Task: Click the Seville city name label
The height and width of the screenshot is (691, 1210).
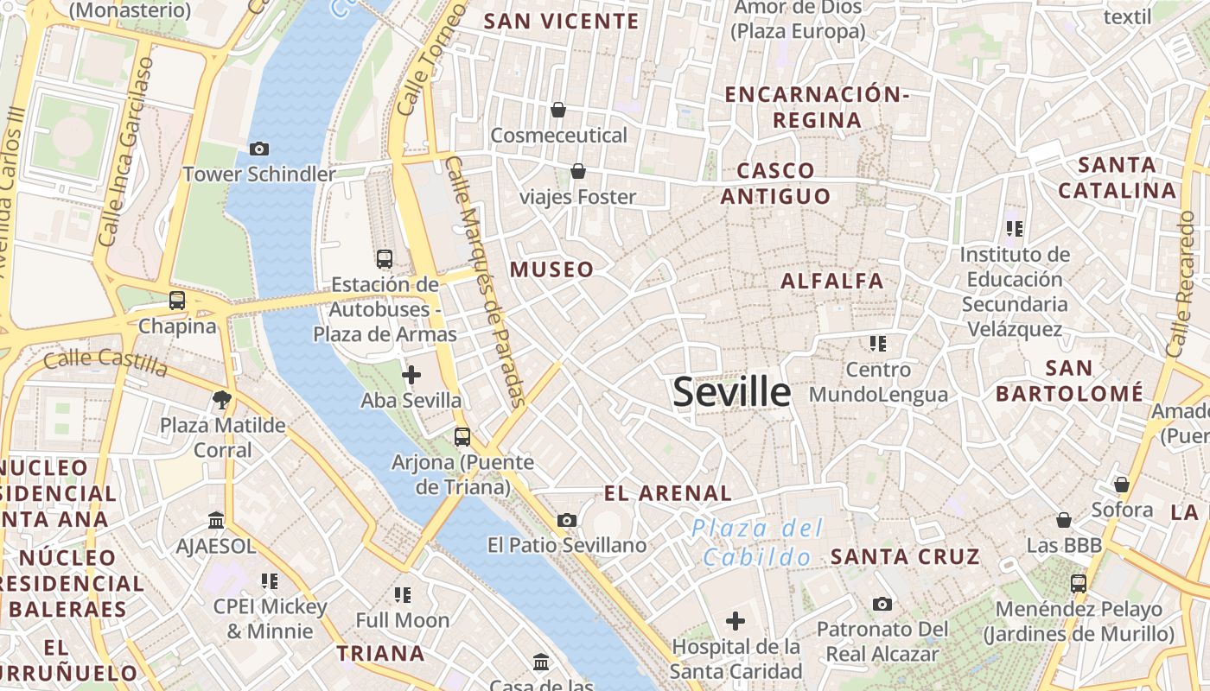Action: coord(731,392)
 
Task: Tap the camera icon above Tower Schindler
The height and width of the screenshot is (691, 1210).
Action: coord(258,149)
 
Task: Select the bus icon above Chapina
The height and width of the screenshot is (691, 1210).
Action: coord(177,301)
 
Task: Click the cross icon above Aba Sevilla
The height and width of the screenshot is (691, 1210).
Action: coord(411,375)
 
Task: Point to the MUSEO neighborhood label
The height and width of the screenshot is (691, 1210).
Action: coord(552,269)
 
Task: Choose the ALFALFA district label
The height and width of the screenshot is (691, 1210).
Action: coord(832,281)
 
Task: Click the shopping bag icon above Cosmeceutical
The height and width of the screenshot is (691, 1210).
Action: coord(558,110)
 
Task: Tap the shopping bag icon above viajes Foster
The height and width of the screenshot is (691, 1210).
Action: coord(577,171)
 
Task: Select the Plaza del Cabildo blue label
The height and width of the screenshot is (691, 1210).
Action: coord(757,542)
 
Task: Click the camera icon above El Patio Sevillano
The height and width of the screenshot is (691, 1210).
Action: coord(567,520)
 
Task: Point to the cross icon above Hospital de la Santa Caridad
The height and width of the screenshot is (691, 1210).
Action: coord(736,621)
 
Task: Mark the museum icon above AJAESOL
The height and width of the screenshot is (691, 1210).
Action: coord(216,521)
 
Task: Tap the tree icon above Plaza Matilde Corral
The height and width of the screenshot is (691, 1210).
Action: coord(222,399)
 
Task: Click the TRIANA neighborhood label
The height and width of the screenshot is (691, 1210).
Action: coord(380,653)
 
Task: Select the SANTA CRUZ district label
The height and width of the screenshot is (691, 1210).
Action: coord(905,557)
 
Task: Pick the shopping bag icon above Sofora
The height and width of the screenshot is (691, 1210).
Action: coord(1122,485)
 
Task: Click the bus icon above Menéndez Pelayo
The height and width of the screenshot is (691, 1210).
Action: coord(1079,584)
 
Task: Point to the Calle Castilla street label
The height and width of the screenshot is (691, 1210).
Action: coord(105,363)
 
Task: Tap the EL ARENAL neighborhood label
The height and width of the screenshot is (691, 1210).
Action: coord(667,494)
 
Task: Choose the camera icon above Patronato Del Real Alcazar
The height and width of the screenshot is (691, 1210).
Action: coord(882,604)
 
